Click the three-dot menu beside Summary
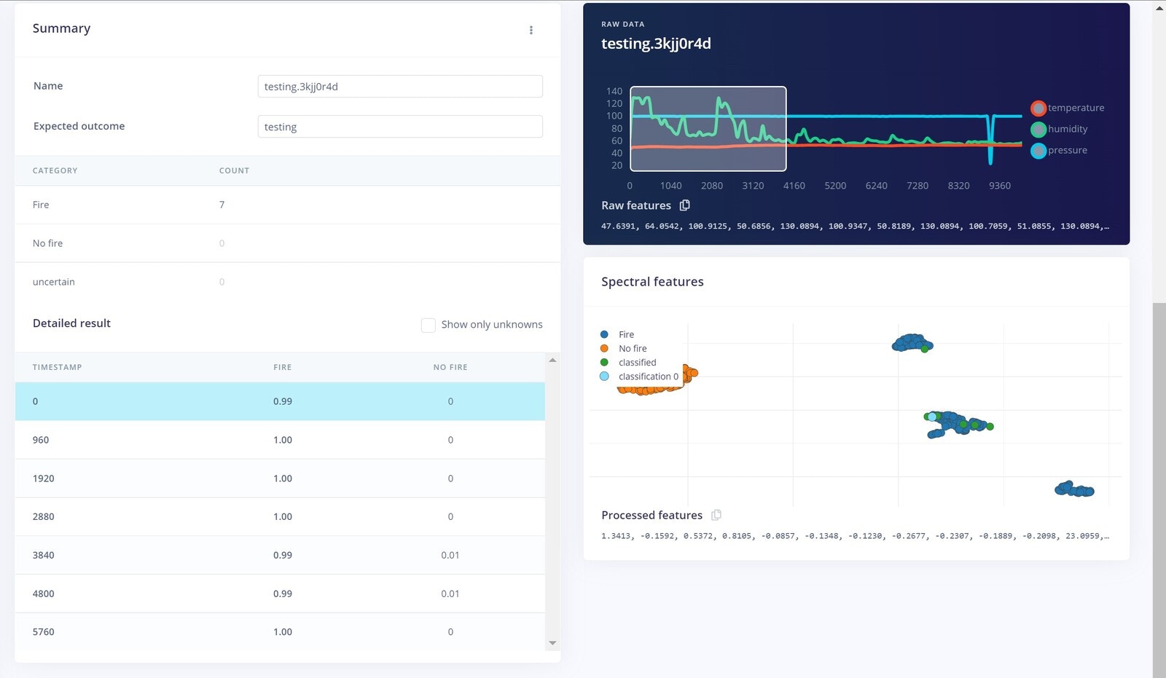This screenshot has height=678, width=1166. coord(531,30)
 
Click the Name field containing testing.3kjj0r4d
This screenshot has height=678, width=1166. coord(399,87)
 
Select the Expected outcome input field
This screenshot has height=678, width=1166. coord(399,127)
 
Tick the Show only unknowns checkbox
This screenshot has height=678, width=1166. coord(429,325)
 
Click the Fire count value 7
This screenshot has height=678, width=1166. coord(222,205)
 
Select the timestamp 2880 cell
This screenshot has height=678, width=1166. coord(44,516)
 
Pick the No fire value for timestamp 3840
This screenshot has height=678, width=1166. coord(450,555)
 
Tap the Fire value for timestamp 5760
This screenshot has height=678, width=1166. coord(283,632)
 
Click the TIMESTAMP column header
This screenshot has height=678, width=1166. coord(57,367)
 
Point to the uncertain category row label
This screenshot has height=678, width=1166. coord(54,282)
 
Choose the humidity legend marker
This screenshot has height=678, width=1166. coord(1038,130)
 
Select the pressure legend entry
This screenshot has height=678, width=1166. coord(1067,150)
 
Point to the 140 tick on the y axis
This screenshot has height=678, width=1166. coord(614,91)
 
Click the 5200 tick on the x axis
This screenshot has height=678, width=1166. coord(835,186)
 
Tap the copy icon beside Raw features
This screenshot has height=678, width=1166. coord(684,205)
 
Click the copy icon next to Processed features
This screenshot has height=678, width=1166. coord(716,515)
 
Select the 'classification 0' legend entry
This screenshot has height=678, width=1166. coord(648,377)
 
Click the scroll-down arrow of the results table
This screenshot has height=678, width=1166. coord(552,643)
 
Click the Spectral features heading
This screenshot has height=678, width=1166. coord(652,282)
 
